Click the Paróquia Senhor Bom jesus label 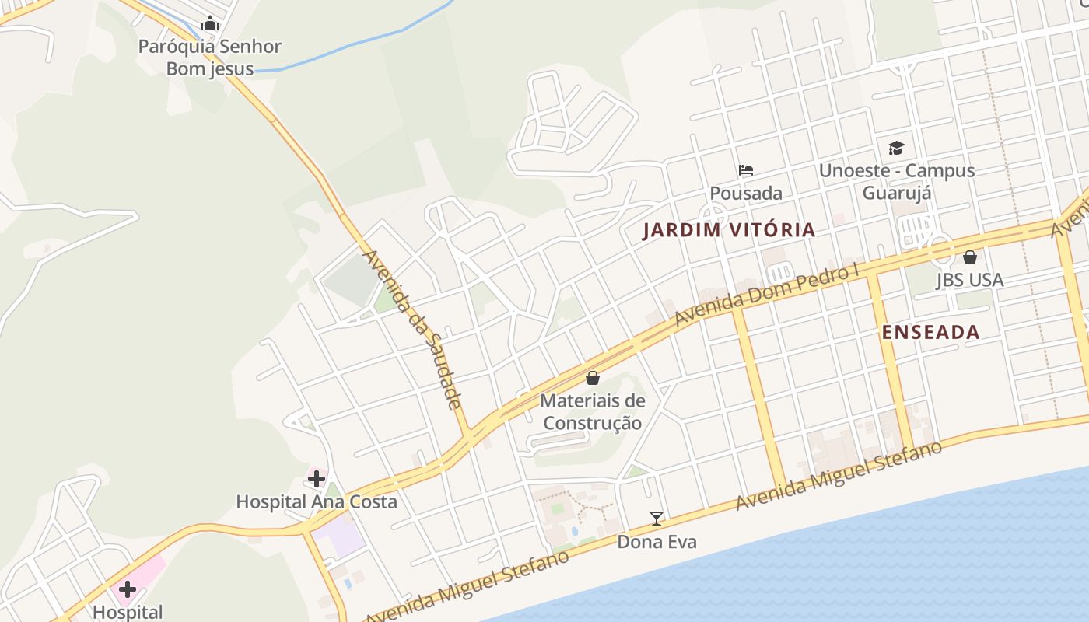[x=210, y=58]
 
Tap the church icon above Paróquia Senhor [x=210, y=24]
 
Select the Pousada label [x=746, y=193]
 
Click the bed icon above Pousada [x=746, y=169]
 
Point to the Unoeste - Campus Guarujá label [x=897, y=181]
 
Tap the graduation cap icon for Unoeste [x=897, y=148]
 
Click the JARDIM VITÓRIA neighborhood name [x=729, y=230]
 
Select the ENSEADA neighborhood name [x=930, y=333]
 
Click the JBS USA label [x=970, y=280]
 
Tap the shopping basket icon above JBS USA [x=970, y=257]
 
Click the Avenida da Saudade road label [x=412, y=329]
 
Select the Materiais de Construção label [x=593, y=412]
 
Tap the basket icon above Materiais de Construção [x=593, y=378]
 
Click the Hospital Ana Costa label [x=317, y=502]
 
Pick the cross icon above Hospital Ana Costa [x=317, y=478]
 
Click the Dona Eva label [x=657, y=542]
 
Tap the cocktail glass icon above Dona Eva [x=657, y=519]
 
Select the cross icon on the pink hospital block [x=128, y=589]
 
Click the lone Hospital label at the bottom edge [x=128, y=613]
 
